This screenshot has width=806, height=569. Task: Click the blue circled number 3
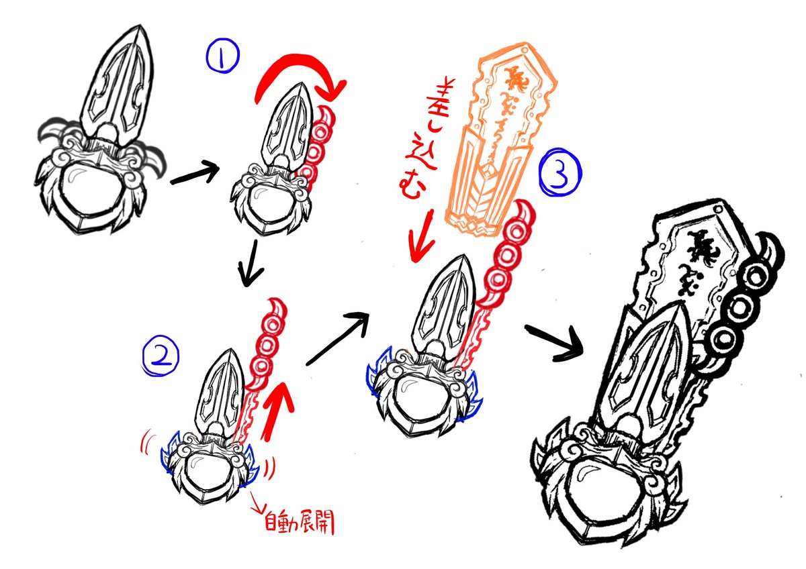[x=561, y=173]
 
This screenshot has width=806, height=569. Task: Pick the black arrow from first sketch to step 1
[x=194, y=176]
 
